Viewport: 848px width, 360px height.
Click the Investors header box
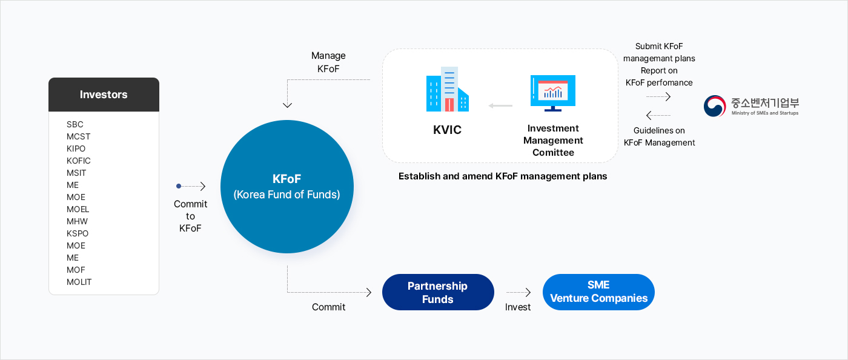click(104, 95)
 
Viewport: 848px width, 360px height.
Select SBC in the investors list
click(75, 124)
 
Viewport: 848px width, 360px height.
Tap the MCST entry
click(79, 136)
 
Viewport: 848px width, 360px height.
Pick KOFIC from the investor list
click(79, 161)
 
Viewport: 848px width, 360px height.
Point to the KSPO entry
click(78, 233)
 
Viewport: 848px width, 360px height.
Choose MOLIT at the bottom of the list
click(79, 282)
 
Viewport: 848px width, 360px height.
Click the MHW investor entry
click(78, 221)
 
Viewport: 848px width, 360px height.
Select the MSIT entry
click(76, 173)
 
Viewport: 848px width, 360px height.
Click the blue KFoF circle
click(287, 187)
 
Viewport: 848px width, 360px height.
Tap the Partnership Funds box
click(437, 292)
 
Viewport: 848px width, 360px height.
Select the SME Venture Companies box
click(598, 292)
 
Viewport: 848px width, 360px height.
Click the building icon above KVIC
click(448, 89)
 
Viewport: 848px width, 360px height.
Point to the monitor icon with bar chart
click(552, 93)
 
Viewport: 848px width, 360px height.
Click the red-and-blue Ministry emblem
click(715, 106)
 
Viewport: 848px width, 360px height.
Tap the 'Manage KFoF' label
click(328, 62)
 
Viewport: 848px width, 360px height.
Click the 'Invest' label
click(518, 307)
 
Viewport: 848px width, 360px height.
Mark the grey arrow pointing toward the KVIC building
click(500, 106)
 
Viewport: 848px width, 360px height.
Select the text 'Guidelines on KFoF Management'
click(659, 136)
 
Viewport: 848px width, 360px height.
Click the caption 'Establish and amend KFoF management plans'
click(503, 176)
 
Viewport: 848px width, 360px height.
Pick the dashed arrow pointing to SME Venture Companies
click(518, 292)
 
